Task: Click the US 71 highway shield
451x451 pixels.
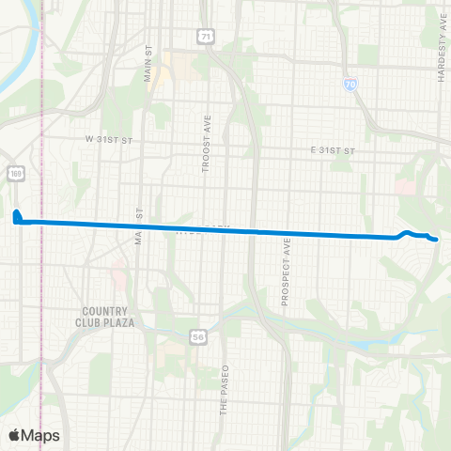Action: [x=205, y=36]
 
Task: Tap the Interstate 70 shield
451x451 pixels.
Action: [x=350, y=85]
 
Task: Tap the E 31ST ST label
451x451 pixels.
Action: [x=335, y=150]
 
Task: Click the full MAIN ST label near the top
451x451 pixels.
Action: [x=148, y=63]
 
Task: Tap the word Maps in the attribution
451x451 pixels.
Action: [x=41, y=435]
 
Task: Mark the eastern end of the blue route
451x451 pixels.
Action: [x=437, y=241]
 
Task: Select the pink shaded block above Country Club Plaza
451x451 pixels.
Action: [x=117, y=278]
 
